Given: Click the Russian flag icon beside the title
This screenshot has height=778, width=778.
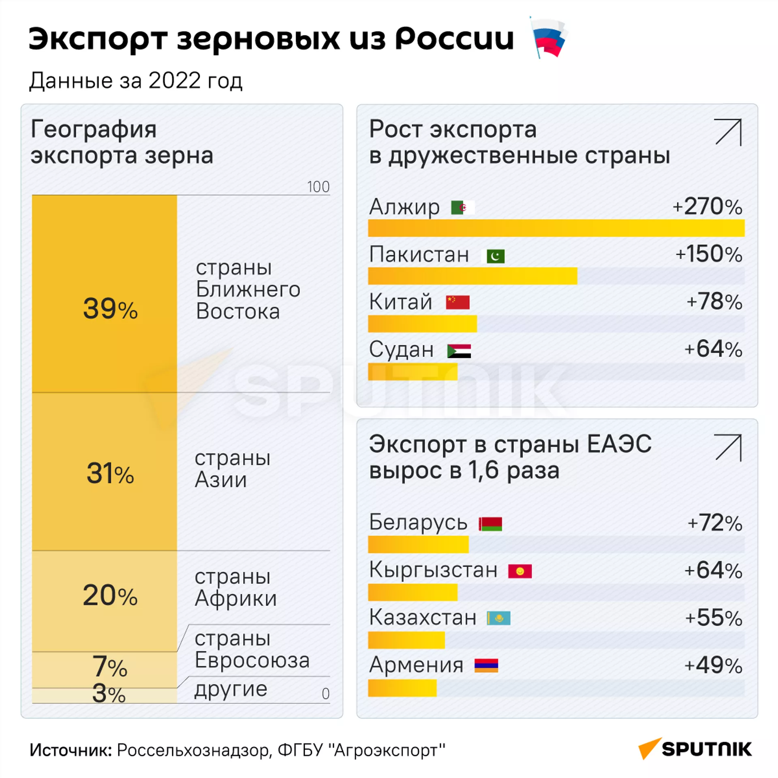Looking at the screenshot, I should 548,38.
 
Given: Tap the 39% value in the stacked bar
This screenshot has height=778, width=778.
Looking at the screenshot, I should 110,309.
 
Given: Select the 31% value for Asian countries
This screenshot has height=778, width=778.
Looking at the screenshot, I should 110,473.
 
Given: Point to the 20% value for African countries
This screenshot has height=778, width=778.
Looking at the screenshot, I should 110,595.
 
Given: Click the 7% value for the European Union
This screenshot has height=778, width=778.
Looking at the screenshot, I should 110,667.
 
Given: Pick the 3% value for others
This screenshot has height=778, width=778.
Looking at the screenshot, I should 109,693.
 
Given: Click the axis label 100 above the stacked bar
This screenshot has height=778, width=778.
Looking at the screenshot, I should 318,187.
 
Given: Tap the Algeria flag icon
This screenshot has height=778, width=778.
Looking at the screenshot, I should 462,207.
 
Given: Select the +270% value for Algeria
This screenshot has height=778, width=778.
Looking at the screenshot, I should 707,206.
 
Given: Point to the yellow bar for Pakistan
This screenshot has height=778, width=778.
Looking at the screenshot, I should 472,276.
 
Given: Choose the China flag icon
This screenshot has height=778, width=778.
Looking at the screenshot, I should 457,302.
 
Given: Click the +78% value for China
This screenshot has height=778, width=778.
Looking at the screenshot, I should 714,302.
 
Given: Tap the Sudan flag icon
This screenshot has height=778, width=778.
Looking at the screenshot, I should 459,351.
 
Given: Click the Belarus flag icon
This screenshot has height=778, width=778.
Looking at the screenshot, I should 490,524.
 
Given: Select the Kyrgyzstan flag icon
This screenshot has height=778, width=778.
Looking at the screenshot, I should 520,571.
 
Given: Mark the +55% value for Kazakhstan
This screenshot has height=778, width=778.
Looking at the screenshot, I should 713,618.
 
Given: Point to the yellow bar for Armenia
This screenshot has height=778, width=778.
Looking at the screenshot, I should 402,688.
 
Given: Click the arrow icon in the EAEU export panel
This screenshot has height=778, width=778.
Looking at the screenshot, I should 728,447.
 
